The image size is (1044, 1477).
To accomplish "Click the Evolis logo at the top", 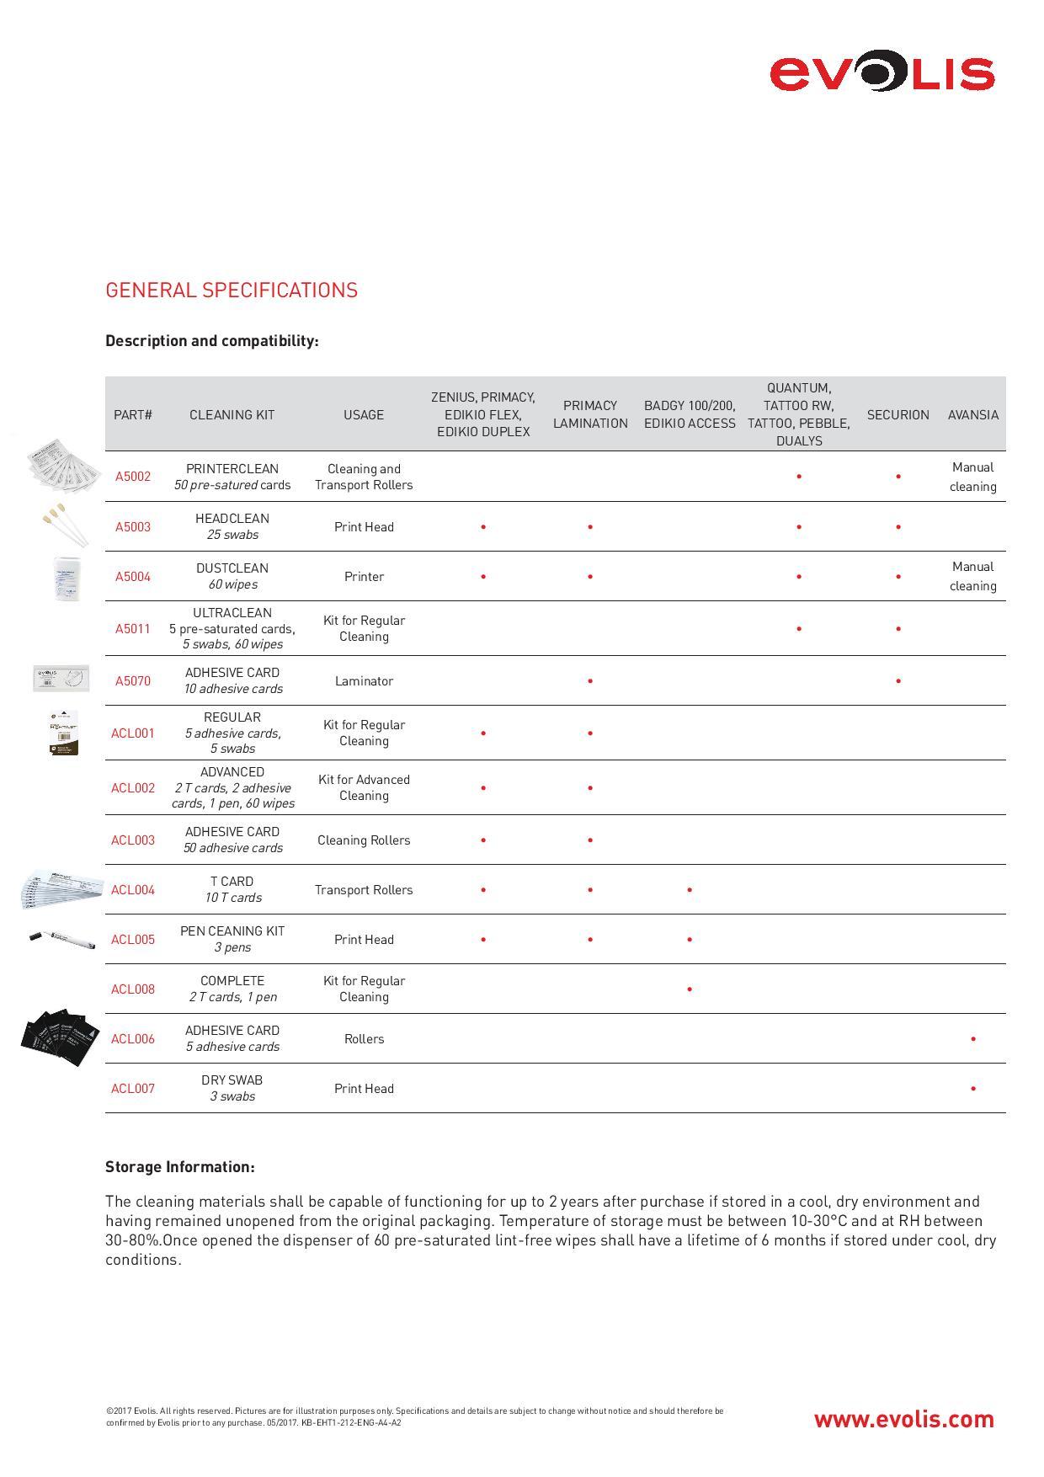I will [882, 73].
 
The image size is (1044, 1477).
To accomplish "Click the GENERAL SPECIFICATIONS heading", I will [232, 291].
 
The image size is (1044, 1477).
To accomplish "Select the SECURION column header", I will [898, 414].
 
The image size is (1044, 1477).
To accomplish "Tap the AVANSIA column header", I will [972, 414].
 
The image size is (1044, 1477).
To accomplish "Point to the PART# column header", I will [133, 414].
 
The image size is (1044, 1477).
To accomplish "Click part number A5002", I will [133, 477].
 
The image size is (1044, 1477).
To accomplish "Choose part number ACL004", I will [133, 890].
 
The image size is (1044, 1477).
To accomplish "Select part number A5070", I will [133, 681].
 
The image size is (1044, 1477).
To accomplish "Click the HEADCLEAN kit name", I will [232, 519].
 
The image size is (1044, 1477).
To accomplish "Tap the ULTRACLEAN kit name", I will [232, 613].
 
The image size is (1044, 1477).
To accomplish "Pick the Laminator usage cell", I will [364, 681].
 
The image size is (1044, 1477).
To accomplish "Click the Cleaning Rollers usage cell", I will [364, 840].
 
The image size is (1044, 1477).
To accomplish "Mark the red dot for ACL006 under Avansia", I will [973, 1039].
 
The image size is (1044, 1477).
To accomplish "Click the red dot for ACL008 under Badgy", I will [690, 989].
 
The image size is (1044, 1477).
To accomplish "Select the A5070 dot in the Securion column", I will [898, 681].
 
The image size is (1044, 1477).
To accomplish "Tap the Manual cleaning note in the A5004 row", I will [972, 577].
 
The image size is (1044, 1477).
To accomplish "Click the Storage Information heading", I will [179, 1167].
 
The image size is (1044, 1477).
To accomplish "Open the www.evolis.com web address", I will [903, 1420].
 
